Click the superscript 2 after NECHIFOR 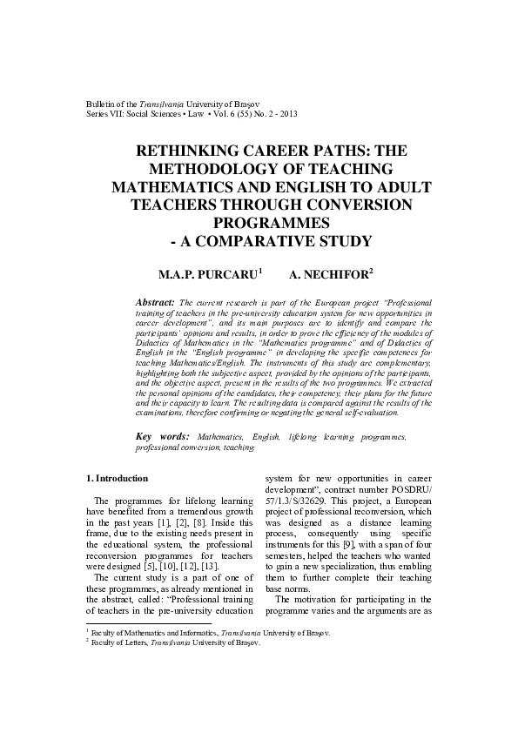371,271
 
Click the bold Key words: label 164,434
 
